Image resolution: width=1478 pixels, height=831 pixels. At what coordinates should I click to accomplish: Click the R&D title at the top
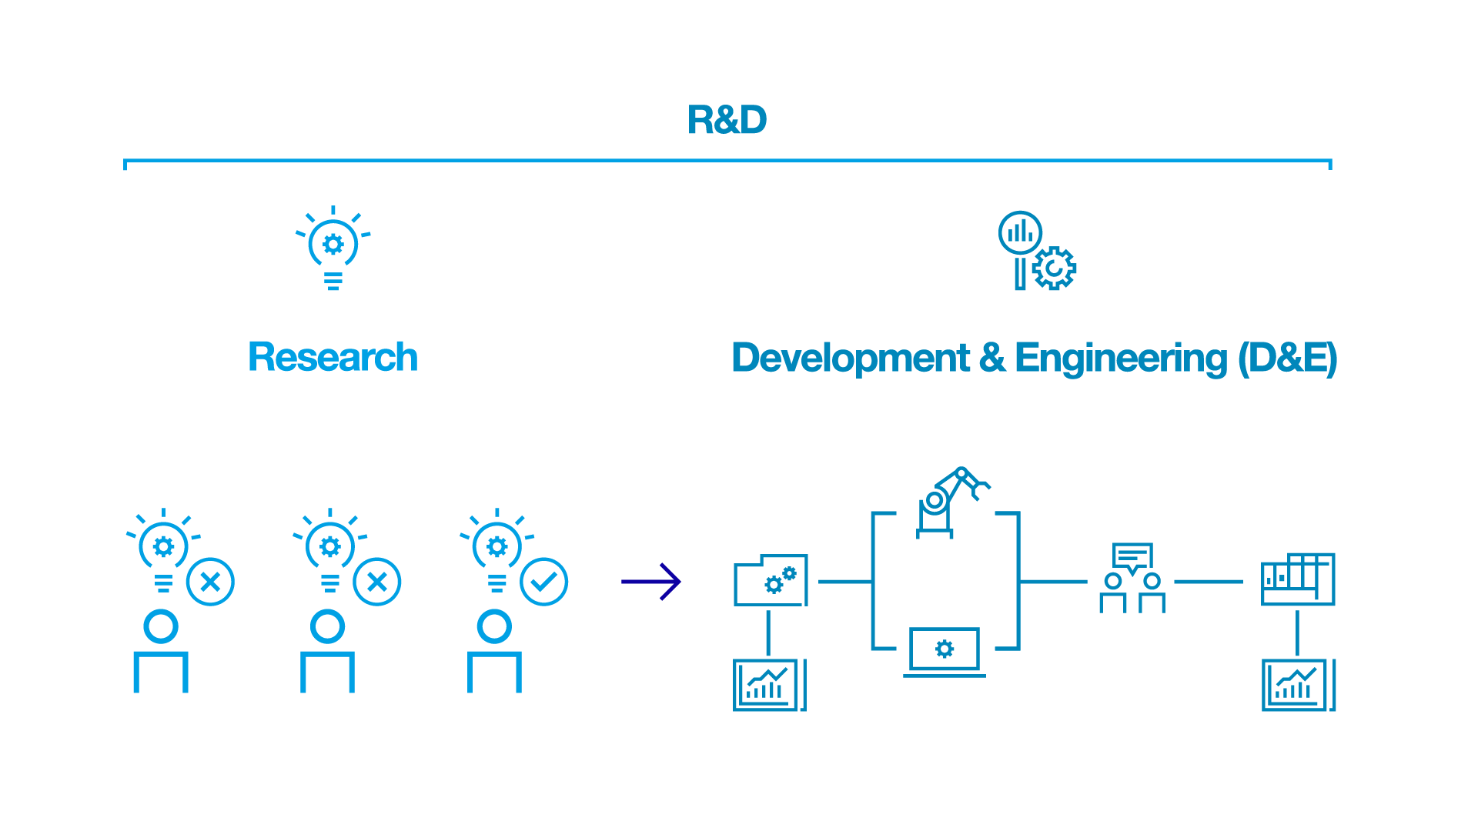pyautogui.click(x=727, y=120)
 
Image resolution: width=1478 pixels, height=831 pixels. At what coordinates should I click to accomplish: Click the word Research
pyautogui.click(x=333, y=357)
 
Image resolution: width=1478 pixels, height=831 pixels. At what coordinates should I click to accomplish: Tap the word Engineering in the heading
pyautogui.click(x=1121, y=359)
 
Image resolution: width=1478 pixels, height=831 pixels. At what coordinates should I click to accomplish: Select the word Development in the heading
pyautogui.click(x=851, y=358)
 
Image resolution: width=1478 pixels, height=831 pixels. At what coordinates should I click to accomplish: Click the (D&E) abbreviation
pyautogui.click(x=1287, y=358)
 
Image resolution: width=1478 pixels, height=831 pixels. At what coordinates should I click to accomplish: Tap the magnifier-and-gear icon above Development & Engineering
pyautogui.click(x=1036, y=251)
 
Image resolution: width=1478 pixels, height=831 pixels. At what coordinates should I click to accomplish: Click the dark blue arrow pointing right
pyautogui.click(x=651, y=582)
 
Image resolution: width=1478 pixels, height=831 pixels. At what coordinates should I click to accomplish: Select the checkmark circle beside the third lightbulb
pyautogui.click(x=543, y=582)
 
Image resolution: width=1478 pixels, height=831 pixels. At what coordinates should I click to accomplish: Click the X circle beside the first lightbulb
pyautogui.click(x=210, y=582)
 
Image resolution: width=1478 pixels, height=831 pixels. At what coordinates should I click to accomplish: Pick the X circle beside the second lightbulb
pyautogui.click(x=377, y=582)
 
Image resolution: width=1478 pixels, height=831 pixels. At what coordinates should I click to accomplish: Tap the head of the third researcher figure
pyautogui.click(x=494, y=626)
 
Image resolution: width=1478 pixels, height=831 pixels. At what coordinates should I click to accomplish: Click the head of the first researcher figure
pyautogui.click(x=161, y=626)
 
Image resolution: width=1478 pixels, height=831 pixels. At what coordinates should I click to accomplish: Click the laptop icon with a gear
pyautogui.click(x=945, y=651)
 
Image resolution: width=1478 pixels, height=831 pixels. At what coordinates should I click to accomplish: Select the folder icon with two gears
pyautogui.click(x=771, y=580)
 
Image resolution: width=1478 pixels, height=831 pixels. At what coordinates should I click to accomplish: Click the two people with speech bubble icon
pyautogui.click(x=1132, y=579)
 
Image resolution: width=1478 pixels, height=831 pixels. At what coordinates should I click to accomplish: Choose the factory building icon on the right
pyautogui.click(x=1298, y=579)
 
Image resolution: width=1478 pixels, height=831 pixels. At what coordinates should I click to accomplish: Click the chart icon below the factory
pyautogui.click(x=1299, y=685)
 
